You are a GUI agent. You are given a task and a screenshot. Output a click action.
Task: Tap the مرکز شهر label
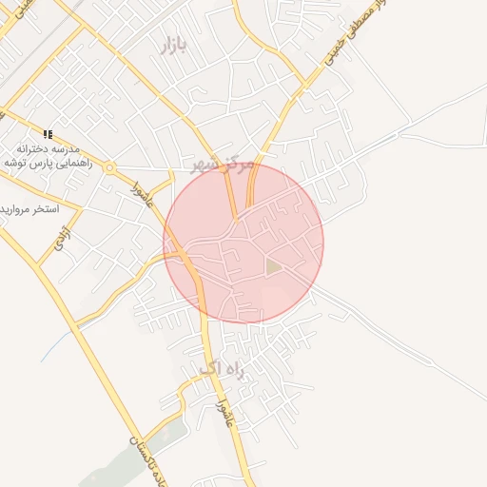[x=223, y=166]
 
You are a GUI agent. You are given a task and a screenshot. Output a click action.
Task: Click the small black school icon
[x=49, y=134]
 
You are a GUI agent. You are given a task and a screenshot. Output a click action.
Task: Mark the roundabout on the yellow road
[x=110, y=169]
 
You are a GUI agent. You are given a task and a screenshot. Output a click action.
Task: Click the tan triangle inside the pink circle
[x=274, y=267]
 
